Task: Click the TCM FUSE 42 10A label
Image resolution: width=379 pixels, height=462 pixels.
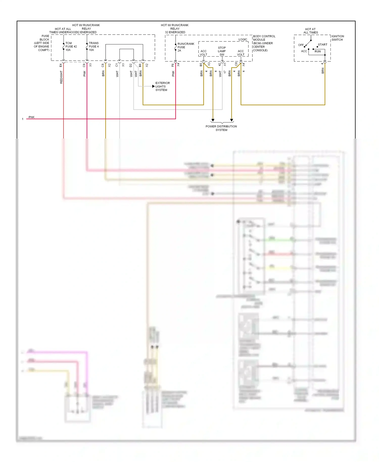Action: tap(71, 47)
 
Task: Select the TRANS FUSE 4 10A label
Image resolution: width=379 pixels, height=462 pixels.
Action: tap(93, 47)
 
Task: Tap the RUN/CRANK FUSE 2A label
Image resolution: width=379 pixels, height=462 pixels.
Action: tap(185, 47)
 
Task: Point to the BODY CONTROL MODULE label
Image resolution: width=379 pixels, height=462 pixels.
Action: tap(264, 43)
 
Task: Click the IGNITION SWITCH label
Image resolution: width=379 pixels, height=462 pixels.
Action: tap(337, 38)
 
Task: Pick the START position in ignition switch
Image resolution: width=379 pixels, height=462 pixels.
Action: tap(322, 44)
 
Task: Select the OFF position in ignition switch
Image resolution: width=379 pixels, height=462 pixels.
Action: tap(301, 45)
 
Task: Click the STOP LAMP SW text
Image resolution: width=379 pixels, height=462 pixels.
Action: tap(222, 51)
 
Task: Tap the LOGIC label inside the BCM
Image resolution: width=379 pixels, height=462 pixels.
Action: tap(243, 39)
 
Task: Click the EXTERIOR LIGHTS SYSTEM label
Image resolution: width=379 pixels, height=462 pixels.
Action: tap(162, 86)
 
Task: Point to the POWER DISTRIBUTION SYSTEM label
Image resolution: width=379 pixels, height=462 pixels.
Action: tap(221, 128)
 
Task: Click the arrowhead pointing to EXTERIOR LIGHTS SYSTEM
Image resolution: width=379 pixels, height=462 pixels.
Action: tap(153, 86)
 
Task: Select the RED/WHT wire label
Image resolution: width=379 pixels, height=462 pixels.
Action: tap(61, 77)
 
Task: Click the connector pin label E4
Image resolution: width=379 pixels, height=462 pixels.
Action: tap(61, 65)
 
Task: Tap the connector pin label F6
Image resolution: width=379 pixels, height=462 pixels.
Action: tap(173, 65)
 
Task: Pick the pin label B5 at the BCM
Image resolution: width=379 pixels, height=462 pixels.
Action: tap(201, 65)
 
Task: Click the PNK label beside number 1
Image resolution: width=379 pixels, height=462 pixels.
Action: tap(31, 117)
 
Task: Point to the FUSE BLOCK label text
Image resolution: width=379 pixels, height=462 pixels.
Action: tap(42, 43)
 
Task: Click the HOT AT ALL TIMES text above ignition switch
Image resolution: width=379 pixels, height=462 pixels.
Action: tap(310, 31)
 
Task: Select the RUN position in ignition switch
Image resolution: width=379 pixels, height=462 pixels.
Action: tap(317, 51)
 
